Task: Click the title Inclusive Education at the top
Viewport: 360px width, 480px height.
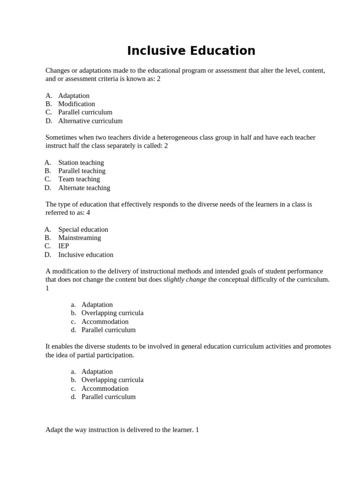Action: coord(191,51)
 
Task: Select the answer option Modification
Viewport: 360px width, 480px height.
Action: coord(76,104)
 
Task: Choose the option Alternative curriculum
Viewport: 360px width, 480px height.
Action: coord(90,121)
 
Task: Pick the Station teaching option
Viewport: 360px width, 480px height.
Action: coord(81,163)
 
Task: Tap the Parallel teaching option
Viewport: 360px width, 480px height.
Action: coord(82,171)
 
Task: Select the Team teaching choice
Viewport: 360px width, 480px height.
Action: coord(79,179)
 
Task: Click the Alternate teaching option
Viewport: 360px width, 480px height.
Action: coord(84,188)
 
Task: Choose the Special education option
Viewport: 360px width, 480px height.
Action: coord(83,230)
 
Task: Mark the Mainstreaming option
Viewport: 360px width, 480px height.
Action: coord(79,238)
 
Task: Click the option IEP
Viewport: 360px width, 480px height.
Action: coord(63,246)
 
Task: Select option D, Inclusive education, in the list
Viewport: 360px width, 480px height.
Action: coord(85,255)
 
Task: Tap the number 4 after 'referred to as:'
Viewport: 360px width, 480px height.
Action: coord(88,213)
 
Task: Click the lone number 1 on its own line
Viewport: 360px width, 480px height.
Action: coord(47,288)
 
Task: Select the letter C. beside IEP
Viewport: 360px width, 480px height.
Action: coord(48,246)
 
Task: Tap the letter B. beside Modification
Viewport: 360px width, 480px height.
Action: coord(48,104)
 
